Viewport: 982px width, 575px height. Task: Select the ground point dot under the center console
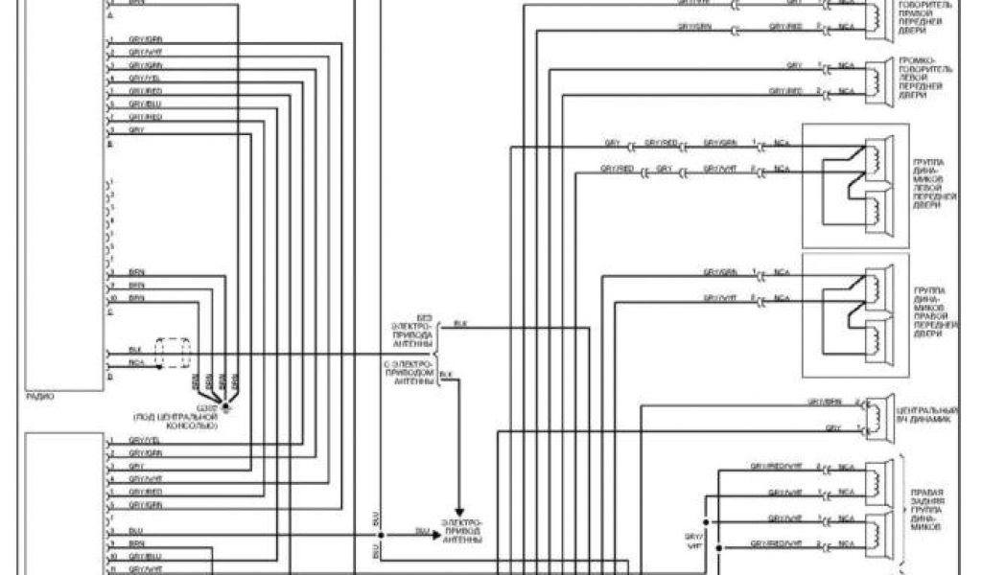click(226, 407)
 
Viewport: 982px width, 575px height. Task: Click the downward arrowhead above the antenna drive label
click(459, 510)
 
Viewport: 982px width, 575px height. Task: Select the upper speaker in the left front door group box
click(875, 159)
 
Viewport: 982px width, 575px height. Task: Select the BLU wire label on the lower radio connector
click(135, 529)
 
